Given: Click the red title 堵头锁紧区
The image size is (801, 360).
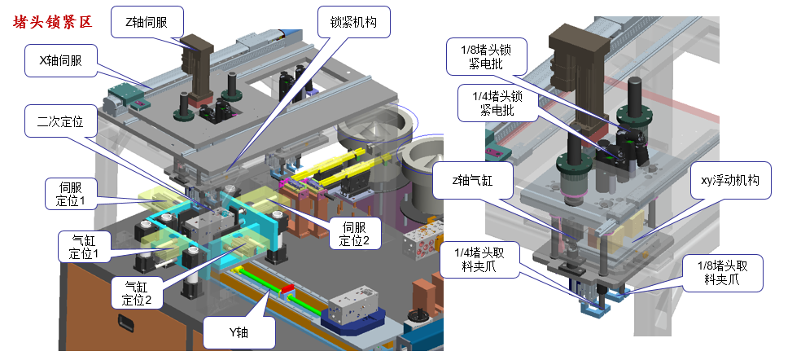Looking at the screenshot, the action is pyautogui.click(x=53, y=23).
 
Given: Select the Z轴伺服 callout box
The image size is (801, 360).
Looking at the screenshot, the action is pyautogui.click(x=146, y=23).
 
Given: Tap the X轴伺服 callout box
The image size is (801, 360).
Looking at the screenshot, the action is pyautogui.click(x=61, y=60).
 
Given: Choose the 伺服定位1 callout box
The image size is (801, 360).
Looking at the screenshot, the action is pyautogui.click(x=70, y=194).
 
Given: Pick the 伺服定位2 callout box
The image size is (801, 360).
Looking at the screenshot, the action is pyautogui.click(x=355, y=233).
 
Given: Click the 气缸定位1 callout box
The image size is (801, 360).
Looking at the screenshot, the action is pyautogui.click(x=82, y=247).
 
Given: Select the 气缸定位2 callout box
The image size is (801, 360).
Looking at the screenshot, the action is pyautogui.click(x=137, y=292).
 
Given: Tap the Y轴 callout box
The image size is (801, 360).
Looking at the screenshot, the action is pyautogui.click(x=239, y=332).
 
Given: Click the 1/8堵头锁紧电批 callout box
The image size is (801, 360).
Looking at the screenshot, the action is pyautogui.click(x=486, y=57).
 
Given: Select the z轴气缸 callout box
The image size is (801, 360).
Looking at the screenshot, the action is pyautogui.click(x=472, y=180).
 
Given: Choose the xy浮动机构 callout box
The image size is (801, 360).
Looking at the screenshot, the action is pyautogui.click(x=731, y=180).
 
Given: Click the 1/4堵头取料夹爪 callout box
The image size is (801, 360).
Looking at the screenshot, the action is pyautogui.click(x=479, y=260).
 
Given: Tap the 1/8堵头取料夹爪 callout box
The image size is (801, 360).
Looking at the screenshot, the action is pyautogui.click(x=722, y=273).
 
